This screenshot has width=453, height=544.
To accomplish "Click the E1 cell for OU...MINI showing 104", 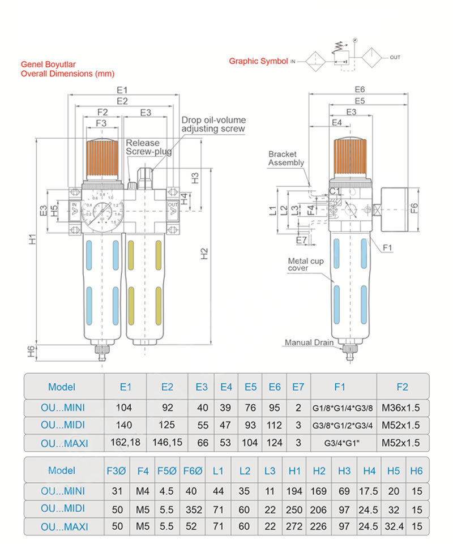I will pos(125,408).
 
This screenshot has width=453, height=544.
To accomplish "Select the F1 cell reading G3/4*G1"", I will pos(340,443).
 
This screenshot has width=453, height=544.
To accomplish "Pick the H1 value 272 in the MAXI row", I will pos(294,526).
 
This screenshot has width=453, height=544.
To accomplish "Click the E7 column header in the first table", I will pos(298,387).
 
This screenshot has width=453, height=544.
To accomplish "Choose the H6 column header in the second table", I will pos(416,470).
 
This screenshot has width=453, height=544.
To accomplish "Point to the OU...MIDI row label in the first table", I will pos(65,426).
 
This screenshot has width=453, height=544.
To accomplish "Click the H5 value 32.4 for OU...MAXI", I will pos(394,526).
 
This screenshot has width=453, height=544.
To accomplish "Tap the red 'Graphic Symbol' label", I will pos(258,61).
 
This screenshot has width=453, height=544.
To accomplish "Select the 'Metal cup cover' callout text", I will pos(306,264).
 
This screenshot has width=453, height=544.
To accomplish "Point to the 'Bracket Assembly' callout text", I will pos(286,158).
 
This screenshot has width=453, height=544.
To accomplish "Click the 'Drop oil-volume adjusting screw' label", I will pos(213,125).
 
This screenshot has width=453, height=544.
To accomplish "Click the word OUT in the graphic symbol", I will pos(395,57).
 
